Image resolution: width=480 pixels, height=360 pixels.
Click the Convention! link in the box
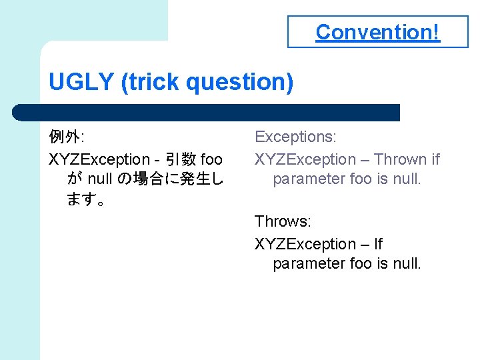[377, 32]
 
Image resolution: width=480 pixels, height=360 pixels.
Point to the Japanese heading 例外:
[65, 137]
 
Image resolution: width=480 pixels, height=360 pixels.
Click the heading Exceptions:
[295, 137]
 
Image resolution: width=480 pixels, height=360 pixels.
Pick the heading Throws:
[283, 221]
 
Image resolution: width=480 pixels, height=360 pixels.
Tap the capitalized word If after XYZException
[377, 244]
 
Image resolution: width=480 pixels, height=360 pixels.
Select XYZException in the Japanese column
[99, 159]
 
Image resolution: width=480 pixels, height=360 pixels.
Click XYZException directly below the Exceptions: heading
[305, 159]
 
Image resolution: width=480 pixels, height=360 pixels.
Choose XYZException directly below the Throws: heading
[305, 244]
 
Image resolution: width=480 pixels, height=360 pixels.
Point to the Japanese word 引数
[180, 159]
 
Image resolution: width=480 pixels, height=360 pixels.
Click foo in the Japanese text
[211, 159]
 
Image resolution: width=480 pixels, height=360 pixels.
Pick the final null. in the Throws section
[406, 264]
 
